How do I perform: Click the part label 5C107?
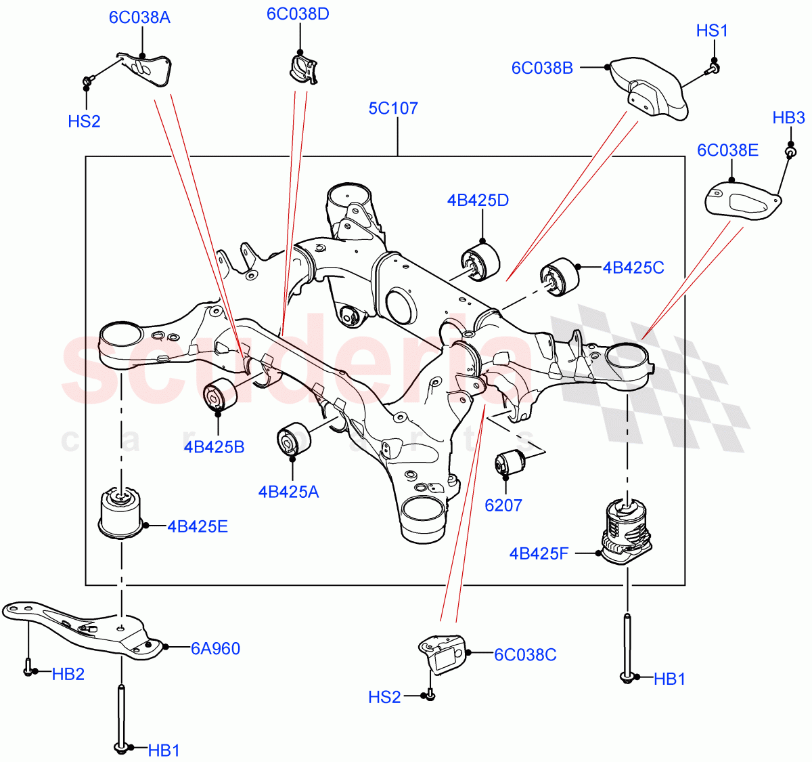(x=393, y=108)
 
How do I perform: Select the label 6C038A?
(x=139, y=18)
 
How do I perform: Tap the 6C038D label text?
(x=298, y=14)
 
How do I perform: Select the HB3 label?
(x=788, y=118)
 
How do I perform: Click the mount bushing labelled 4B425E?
(x=122, y=512)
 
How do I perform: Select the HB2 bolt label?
(x=68, y=674)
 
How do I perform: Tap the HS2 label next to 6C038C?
(x=384, y=697)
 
